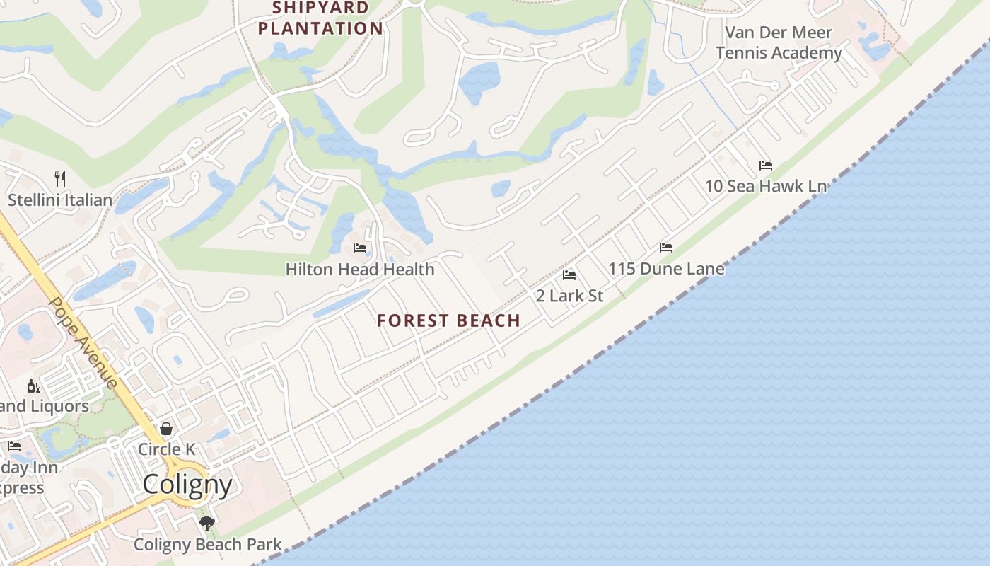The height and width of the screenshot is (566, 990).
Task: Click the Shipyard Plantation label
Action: pos(320,18)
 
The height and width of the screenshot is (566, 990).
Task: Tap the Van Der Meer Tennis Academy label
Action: pos(779,42)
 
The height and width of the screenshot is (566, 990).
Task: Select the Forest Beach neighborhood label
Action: pos(448,320)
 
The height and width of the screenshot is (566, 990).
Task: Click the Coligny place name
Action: pos(187,485)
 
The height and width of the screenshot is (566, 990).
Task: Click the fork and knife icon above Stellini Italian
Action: pos(60,179)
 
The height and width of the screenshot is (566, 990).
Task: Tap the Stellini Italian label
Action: pos(60,200)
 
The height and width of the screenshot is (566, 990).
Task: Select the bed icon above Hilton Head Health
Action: pos(360,248)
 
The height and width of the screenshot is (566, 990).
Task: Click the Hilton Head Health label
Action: pos(360,270)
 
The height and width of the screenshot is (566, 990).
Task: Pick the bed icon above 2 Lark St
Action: pos(569,275)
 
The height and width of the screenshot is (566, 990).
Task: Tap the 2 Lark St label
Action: pos(569,296)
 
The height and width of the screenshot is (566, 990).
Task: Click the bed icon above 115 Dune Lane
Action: pos(666,248)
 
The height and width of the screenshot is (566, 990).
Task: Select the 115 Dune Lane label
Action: pos(666,269)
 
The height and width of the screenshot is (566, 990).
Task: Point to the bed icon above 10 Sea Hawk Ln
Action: pos(766,165)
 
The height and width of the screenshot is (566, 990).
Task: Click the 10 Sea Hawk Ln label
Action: pos(766,186)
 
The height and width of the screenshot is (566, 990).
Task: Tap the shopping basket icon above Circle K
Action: pos(166,429)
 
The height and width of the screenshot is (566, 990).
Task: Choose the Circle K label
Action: pos(166,449)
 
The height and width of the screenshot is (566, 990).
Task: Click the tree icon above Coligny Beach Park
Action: pos(207,524)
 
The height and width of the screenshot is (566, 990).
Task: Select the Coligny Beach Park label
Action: pos(207,545)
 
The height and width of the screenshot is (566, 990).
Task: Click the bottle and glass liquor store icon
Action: pos(34,386)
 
